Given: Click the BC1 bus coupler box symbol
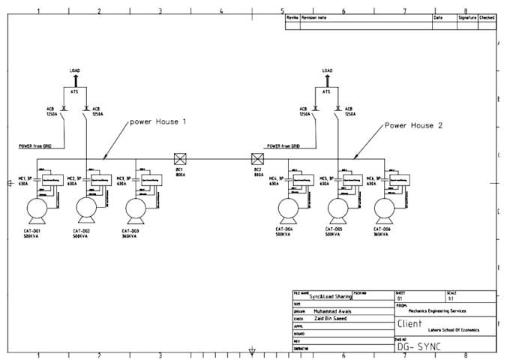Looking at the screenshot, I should point(179,158).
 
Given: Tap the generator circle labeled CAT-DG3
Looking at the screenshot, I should point(136,208).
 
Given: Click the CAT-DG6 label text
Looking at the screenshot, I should point(382,228).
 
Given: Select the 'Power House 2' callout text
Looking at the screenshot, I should point(413,125).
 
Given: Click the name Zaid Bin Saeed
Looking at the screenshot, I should point(330,319).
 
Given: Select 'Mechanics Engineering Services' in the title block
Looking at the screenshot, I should point(442,310).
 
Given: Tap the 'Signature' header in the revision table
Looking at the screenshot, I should point(466,16).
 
